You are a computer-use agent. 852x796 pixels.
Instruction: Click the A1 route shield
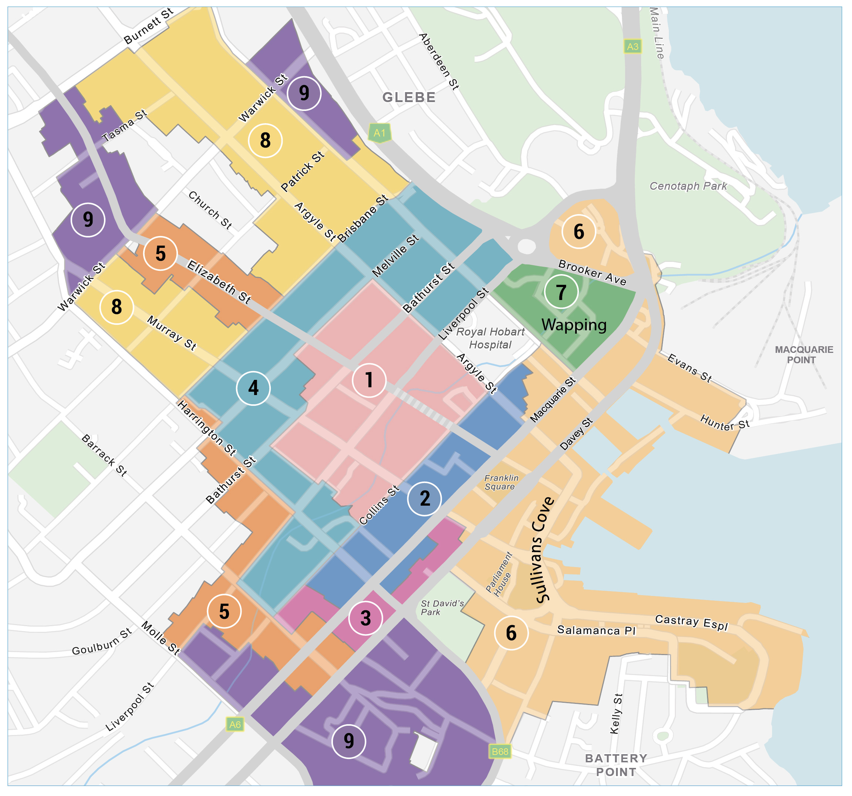click(380, 133)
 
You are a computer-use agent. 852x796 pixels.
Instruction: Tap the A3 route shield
click(633, 46)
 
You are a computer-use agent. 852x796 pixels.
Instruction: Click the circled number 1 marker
click(369, 380)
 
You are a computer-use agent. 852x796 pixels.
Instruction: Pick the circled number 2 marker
click(424, 498)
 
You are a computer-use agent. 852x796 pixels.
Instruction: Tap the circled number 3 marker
click(366, 618)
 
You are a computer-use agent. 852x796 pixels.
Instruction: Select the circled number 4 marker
click(253, 388)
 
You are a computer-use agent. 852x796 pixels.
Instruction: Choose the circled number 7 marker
click(561, 292)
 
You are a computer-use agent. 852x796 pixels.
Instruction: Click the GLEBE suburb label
click(409, 98)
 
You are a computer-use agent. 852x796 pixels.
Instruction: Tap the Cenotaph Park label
click(688, 186)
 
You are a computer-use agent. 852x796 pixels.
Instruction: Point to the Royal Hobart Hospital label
click(490, 338)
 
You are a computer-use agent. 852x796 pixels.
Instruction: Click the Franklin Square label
click(501, 482)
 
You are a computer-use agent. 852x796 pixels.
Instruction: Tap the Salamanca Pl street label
click(596, 630)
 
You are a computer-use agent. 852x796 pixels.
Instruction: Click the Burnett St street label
click(148, 26)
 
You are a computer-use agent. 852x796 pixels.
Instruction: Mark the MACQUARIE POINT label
click(804, 355)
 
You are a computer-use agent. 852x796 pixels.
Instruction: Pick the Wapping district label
click(574, 325)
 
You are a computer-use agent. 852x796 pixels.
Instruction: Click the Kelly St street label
click(616, 713)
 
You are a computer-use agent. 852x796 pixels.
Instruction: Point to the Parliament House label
click(499, 574)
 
